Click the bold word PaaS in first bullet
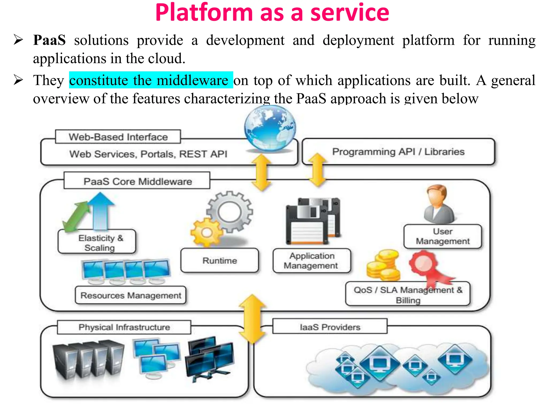click(49, 40)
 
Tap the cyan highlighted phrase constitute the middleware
click(151, 80)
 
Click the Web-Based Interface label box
click(118, 137)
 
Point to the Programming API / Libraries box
click(398, 152)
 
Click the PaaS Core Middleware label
click(137, 181)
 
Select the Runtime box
click(220, 260)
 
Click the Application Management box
click(311, 261)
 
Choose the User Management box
click(443, 236)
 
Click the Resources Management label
click(131, 295)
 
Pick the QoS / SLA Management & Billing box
click(408, 294)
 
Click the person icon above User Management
click(439, 205)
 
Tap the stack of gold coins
click(383, 266)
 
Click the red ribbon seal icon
click(424, 263)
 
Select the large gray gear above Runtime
click(230, 211)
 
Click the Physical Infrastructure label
click(124, 327)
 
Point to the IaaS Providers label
click(330, 327)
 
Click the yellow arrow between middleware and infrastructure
click(252, 318)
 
